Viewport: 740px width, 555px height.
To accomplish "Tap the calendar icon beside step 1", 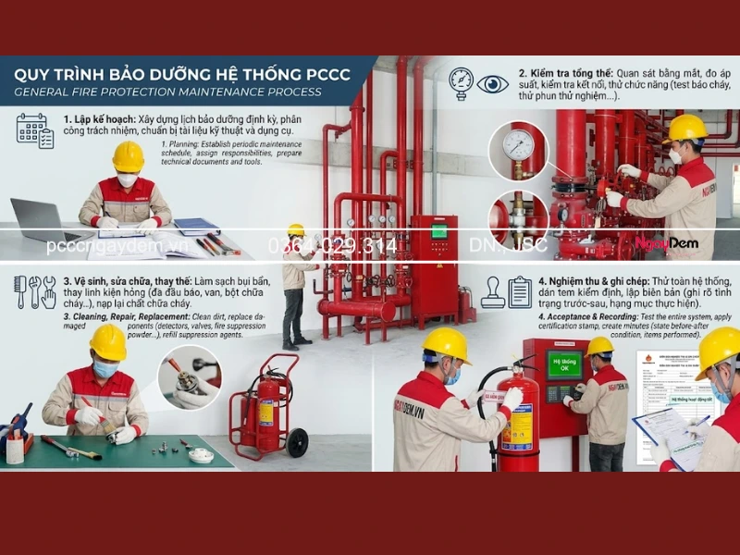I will point(34,130).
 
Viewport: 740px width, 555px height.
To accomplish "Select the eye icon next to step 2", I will point(493,83).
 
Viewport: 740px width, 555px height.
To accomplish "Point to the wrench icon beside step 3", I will point(36,291).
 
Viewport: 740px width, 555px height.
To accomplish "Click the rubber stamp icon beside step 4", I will point(493,293).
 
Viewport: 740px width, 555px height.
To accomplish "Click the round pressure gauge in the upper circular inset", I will point(518,144).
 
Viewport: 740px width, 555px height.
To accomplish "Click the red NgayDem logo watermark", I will point(666,245).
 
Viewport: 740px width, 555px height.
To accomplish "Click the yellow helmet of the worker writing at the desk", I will point(128,156).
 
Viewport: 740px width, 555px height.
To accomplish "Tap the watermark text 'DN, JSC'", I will point(509,245).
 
